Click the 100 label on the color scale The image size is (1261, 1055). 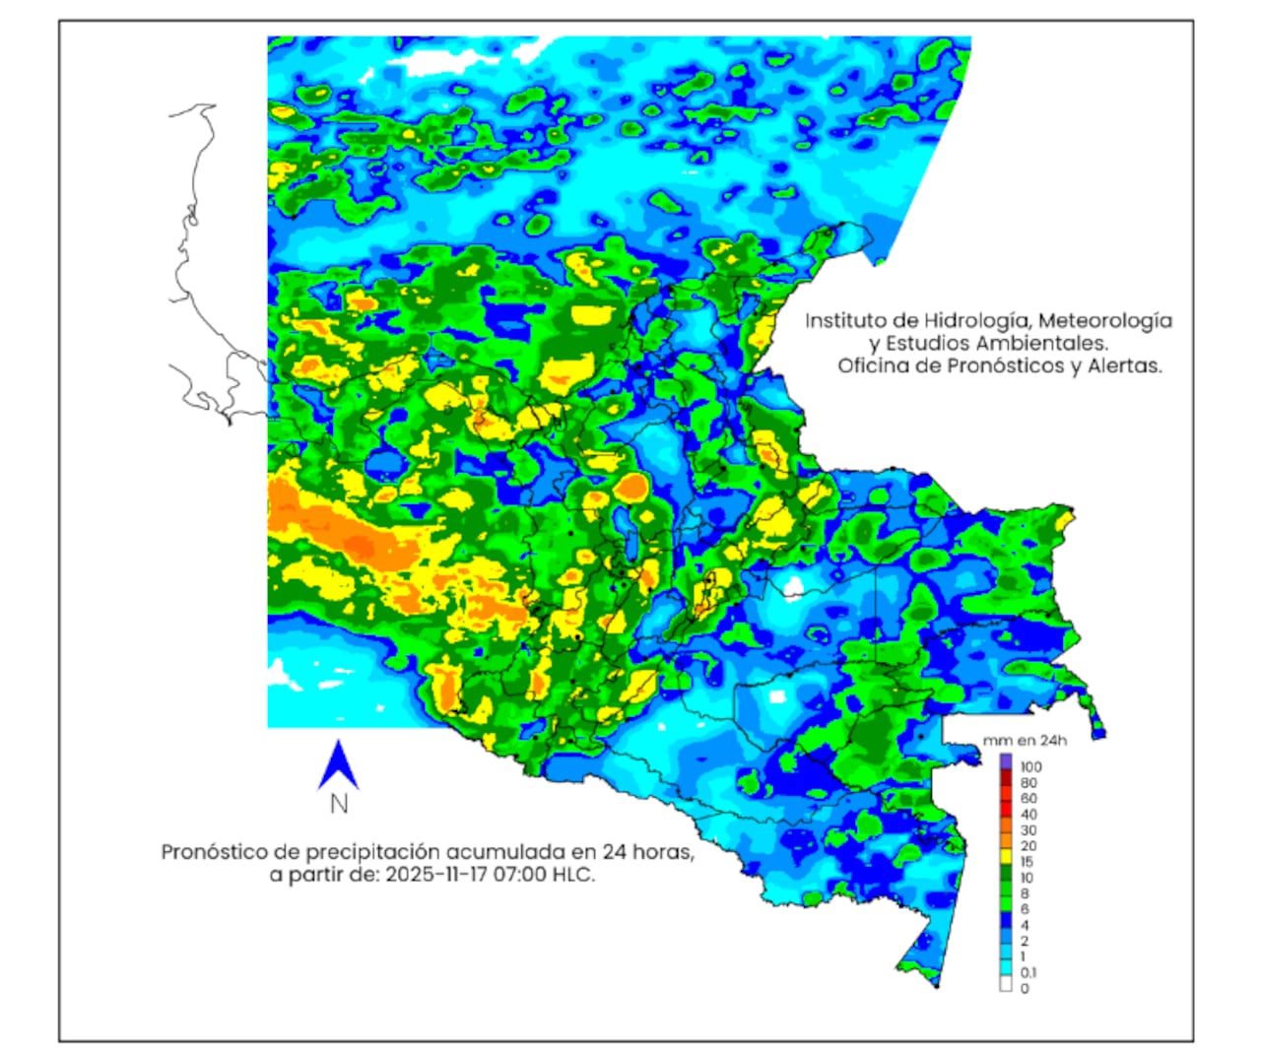pos(1030,766)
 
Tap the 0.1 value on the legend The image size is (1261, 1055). pos(1029,972)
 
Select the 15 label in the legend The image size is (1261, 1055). pos(1027,862)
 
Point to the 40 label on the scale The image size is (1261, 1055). pos(1028,815)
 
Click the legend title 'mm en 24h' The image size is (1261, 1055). pos(1025,741)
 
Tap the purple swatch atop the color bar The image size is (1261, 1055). pos(1006,761)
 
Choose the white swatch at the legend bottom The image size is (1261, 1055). pos(1006,982)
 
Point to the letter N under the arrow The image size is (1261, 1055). pos(339,804)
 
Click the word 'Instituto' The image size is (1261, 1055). pos(848,321)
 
